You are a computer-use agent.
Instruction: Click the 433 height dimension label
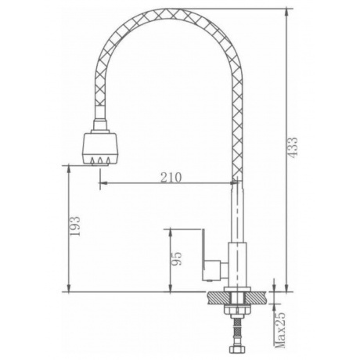tap(293, 147)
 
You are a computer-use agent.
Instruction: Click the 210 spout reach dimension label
tap(171, 178)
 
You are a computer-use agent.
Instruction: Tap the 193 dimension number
tap(75, 226)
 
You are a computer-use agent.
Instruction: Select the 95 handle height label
tap(176, 258)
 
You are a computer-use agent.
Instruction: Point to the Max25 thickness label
tap(281, 329)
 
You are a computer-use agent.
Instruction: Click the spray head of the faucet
tap(100, 148)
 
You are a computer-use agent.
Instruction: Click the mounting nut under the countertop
tap(237, 308)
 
